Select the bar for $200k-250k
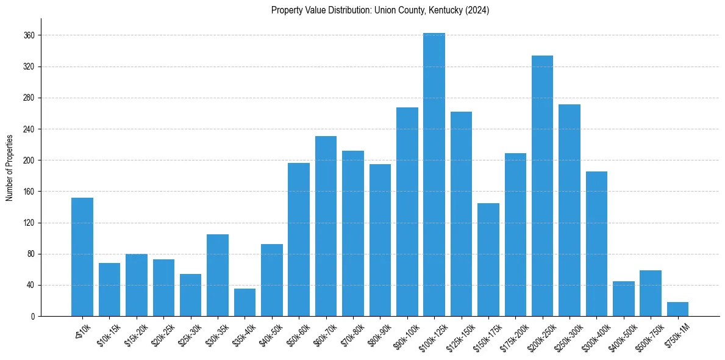click(x=542, y=186)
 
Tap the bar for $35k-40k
click(x=245, y=303)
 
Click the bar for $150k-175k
click(x=488, y=260)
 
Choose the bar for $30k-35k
click(x=218, y=275)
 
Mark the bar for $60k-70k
click(x=326, y=226)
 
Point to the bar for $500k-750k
click(x=651, y=293)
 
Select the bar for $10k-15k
click(x=109, y=290)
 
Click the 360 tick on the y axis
click(x=29, y=35)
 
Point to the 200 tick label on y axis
click(x=29, y=160)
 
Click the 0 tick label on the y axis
click(x=33, y=316)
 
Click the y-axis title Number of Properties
click(x=9, y=167)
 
